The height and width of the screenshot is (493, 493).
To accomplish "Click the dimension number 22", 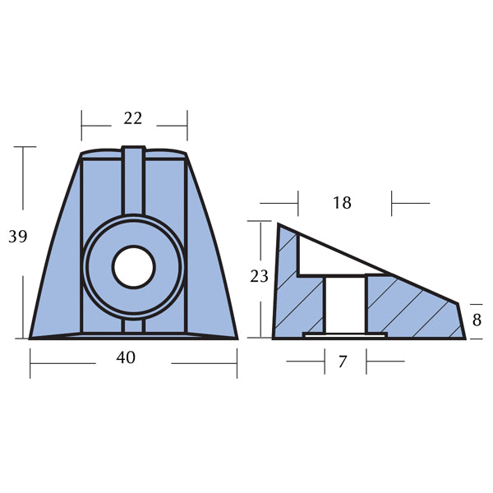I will pos(133,118).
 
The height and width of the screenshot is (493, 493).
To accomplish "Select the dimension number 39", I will pos(18,237).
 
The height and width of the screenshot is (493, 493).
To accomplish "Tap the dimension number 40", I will pos(126,357).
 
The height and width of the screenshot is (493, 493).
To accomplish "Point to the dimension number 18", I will pos(342,202).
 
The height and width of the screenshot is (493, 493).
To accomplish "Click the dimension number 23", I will pos(259,277).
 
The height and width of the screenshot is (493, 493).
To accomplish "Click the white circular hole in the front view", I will pos(133,266).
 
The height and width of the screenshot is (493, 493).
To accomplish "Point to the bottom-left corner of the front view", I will pos(31,338).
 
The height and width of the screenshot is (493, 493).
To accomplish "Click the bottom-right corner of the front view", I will pos(237,338).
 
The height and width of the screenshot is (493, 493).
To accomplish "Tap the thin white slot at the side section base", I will pos(344,334).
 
